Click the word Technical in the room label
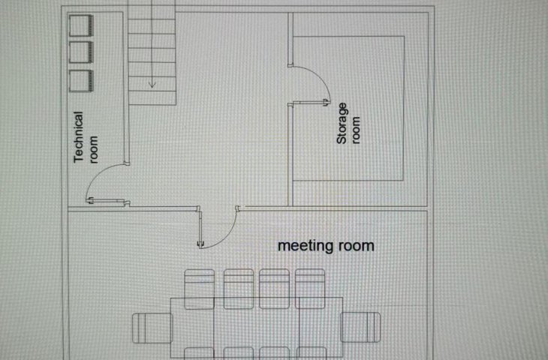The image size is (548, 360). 79,137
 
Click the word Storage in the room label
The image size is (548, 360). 342,123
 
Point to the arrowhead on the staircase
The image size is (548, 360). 152,84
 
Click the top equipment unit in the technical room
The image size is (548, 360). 81,25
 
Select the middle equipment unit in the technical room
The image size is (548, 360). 81,52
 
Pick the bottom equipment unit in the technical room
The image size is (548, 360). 81,81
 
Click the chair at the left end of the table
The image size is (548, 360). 152,328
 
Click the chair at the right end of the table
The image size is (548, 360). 360,327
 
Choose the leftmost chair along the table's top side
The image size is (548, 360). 199,289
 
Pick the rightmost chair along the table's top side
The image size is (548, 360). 310,289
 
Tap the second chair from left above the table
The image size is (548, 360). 239,289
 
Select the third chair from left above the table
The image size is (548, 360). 274,289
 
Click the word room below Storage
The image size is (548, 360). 355,130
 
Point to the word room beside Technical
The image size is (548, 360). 94,149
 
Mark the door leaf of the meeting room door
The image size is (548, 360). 200,227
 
